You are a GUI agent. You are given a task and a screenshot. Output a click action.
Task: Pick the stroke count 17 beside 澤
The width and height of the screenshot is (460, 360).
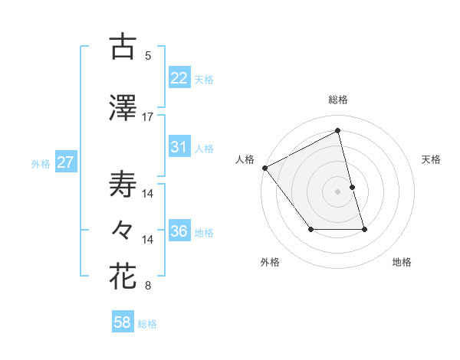(148, 116)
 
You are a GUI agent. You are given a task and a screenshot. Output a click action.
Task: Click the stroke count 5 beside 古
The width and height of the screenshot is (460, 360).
(148, 55)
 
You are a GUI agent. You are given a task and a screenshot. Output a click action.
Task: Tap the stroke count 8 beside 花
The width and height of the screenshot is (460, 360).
(148, 286)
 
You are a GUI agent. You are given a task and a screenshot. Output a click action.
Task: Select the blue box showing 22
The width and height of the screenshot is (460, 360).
(179, 77)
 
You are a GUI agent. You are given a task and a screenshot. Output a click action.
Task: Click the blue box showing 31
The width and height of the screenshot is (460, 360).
(179, 147)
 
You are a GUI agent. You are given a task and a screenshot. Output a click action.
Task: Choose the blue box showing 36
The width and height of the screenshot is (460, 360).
(179, 231)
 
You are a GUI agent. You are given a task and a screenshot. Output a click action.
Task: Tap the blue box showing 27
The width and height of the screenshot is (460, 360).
(65, 162)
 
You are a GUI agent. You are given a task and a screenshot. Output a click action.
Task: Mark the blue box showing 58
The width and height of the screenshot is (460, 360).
(123, 323)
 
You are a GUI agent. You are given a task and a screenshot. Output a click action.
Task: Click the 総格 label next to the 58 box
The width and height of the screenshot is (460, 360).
(148, 324)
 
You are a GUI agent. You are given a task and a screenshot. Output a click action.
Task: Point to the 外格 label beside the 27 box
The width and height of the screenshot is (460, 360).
(41, 163)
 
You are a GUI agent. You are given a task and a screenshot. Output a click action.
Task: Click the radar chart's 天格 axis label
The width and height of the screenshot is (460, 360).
(432, 159)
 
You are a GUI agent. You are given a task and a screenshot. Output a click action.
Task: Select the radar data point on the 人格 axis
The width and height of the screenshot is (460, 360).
(265, 168)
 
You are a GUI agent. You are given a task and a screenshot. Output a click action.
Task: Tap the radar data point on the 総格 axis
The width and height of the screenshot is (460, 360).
(338, 131)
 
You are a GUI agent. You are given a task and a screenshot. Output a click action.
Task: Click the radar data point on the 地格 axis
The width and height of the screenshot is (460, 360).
(364, 229)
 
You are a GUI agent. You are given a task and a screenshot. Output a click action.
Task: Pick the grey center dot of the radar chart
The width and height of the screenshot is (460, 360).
(338, 191)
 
